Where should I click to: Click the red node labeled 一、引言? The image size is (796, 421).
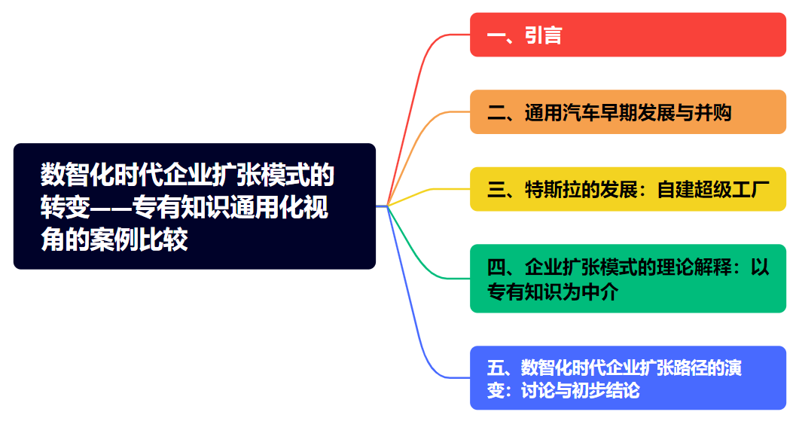tap(627, 35)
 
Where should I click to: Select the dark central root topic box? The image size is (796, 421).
tap(194, 206)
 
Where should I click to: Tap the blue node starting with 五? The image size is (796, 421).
tap(627, 378)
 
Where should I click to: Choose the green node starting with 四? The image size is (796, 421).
tap(627, 279)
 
